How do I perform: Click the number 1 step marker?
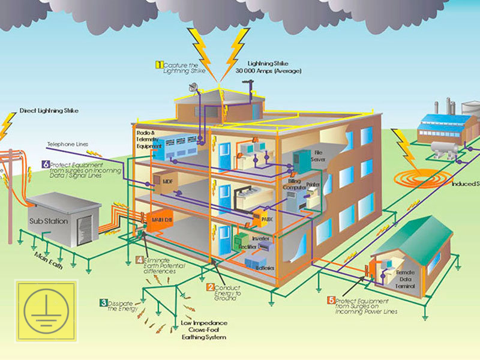[160, 64]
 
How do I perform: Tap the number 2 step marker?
[210, 287]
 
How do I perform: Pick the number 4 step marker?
[139, 260]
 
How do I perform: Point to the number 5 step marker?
[331, 300]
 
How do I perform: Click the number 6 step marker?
[45, 164]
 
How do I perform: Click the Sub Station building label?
[49, 221]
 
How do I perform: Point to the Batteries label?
[265, 267]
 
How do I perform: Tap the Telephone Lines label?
[67, 145]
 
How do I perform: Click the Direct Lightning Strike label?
[49, 111]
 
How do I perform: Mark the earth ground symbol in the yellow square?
[46, 310]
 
